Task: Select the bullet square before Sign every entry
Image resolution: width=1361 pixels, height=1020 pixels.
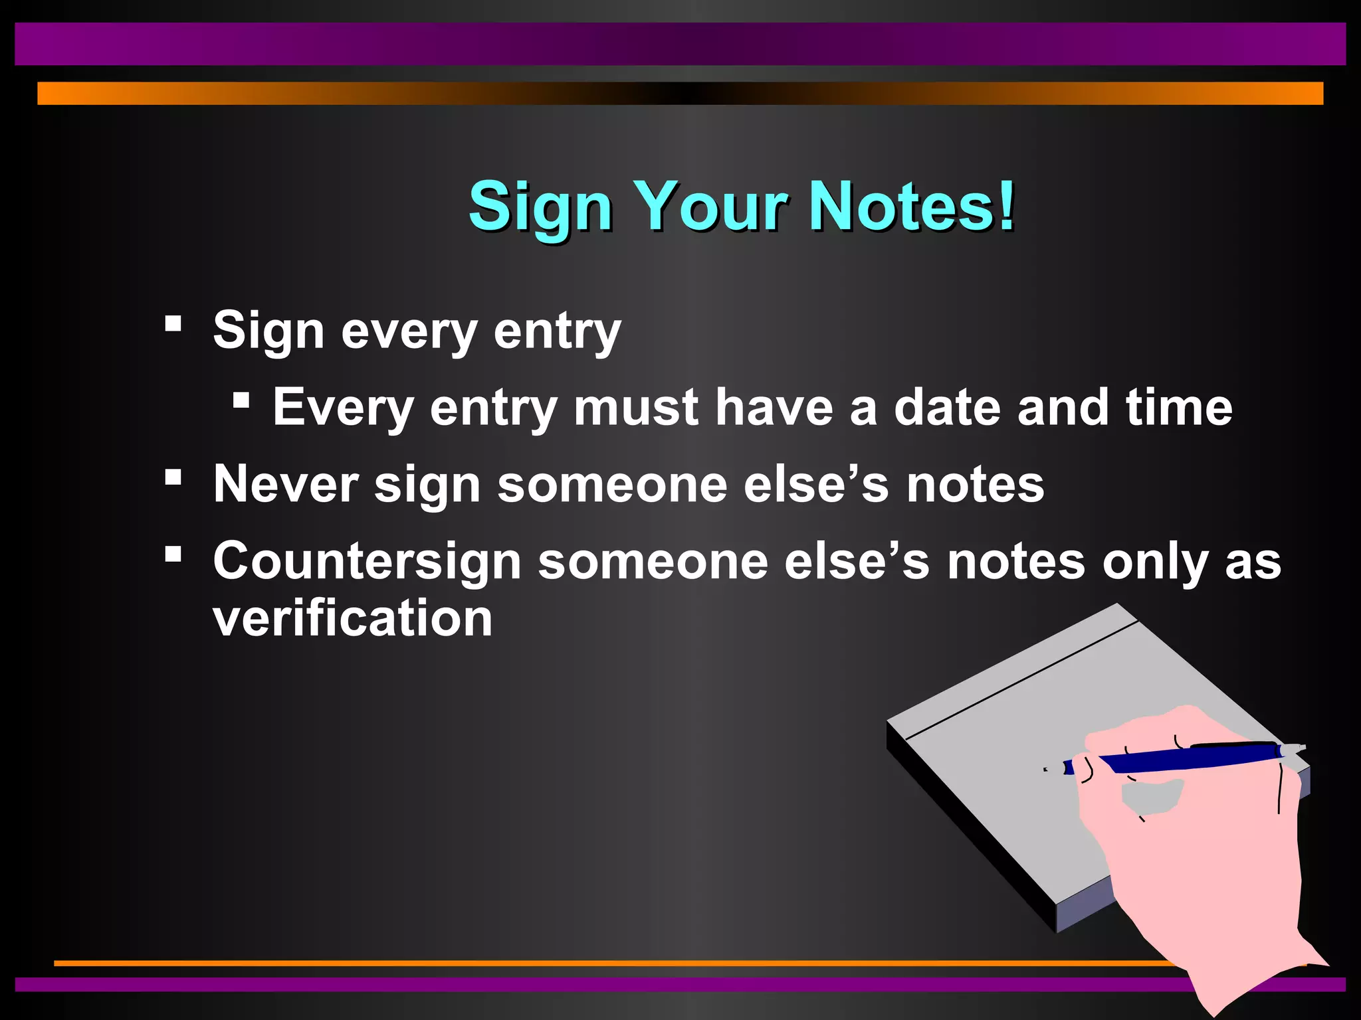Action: (x=173, y=323)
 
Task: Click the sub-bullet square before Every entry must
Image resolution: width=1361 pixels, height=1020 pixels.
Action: (x=241, y=400)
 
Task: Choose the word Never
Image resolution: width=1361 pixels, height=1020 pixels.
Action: (x=286, y=484)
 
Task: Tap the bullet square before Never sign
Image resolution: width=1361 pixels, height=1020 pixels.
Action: (x=173, y=477)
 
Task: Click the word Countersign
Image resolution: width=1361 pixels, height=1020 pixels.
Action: (x=367, y=562)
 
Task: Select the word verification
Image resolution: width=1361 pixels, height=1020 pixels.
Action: (x=352, y=618)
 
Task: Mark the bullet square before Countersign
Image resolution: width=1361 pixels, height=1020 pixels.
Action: (x=173, y=554)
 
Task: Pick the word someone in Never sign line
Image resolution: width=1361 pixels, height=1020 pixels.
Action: (x=612, y=484)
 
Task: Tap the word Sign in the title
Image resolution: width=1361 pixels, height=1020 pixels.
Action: (x=540, y=207)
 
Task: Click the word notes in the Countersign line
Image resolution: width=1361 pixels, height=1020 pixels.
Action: (x=1016, y=562)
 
